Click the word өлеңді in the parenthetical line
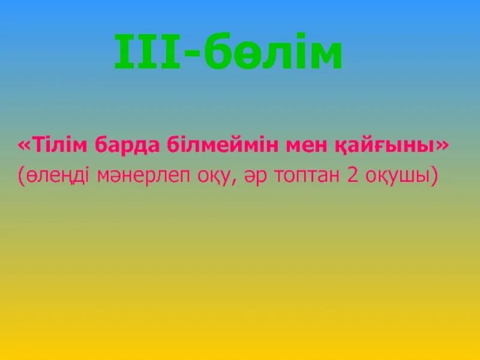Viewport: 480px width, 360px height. tap(57, 176)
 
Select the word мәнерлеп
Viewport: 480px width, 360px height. tap(143, 176)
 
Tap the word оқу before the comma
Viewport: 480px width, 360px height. tap(214, 176)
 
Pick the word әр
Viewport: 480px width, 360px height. tap(253, 176)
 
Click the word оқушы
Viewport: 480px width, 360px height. tap(396, 176)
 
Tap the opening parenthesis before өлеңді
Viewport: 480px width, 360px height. tap(22, 176)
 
